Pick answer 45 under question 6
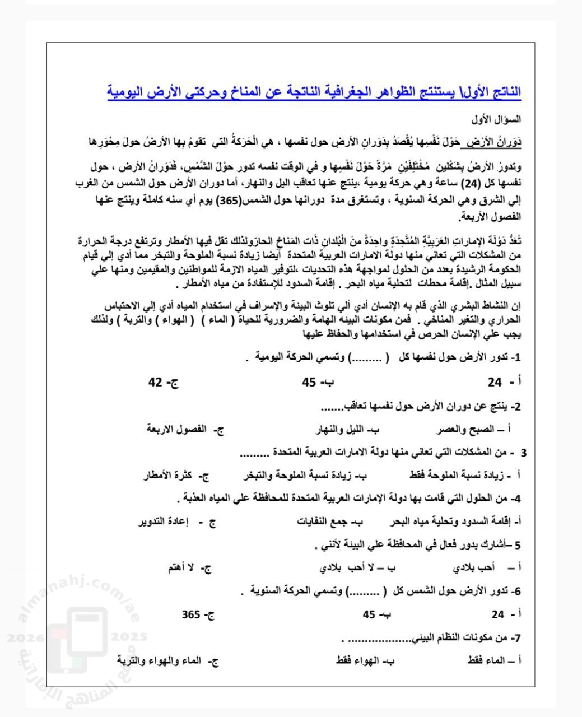[369, 614]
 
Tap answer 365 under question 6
[191, 614]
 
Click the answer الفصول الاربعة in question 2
[177, 430]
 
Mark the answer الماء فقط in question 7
[487, 661]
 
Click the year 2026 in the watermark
[24, 637]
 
